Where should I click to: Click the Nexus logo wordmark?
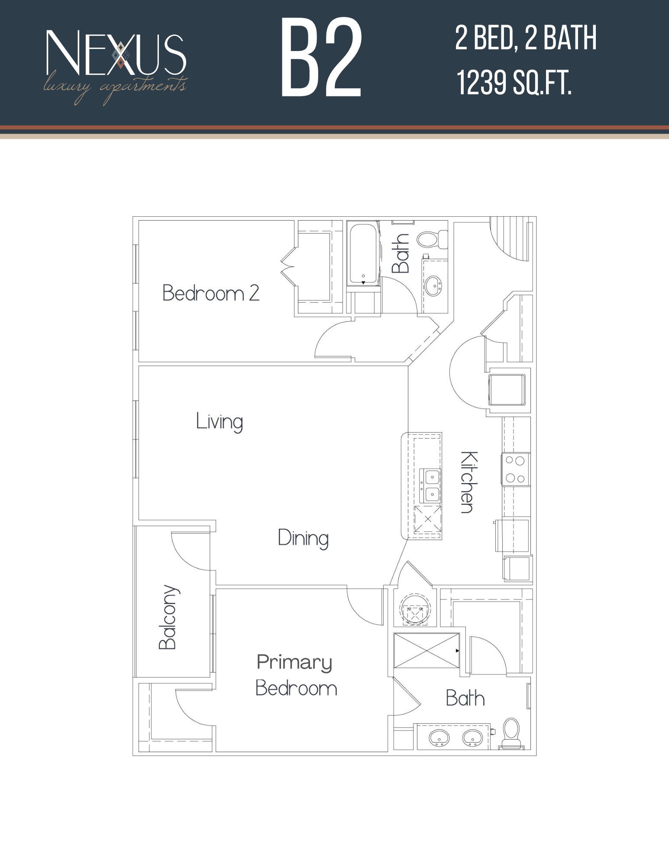pyautogui.click(x=116, y=53)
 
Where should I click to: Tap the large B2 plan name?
pyautogui.click(x=321, y=58)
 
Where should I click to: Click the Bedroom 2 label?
pyautogui.click(x=211, y=293)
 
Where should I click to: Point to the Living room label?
pyautogui.click(x=219, y=422)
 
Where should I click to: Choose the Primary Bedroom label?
pyautogui.click(x=296, y=675)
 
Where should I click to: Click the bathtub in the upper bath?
pyautogui.click(x=363, y=254)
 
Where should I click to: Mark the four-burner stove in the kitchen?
pyautogui.click(x=515, y=469)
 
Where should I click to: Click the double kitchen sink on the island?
pyautogui.click(x=431, y=486)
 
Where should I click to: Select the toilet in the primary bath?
pyautogui.click(x=512, y=733)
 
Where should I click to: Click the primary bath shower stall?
pyautogui.click(x=426, y=650)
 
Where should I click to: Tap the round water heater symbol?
pyautogui.click(x=415, y=609)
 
